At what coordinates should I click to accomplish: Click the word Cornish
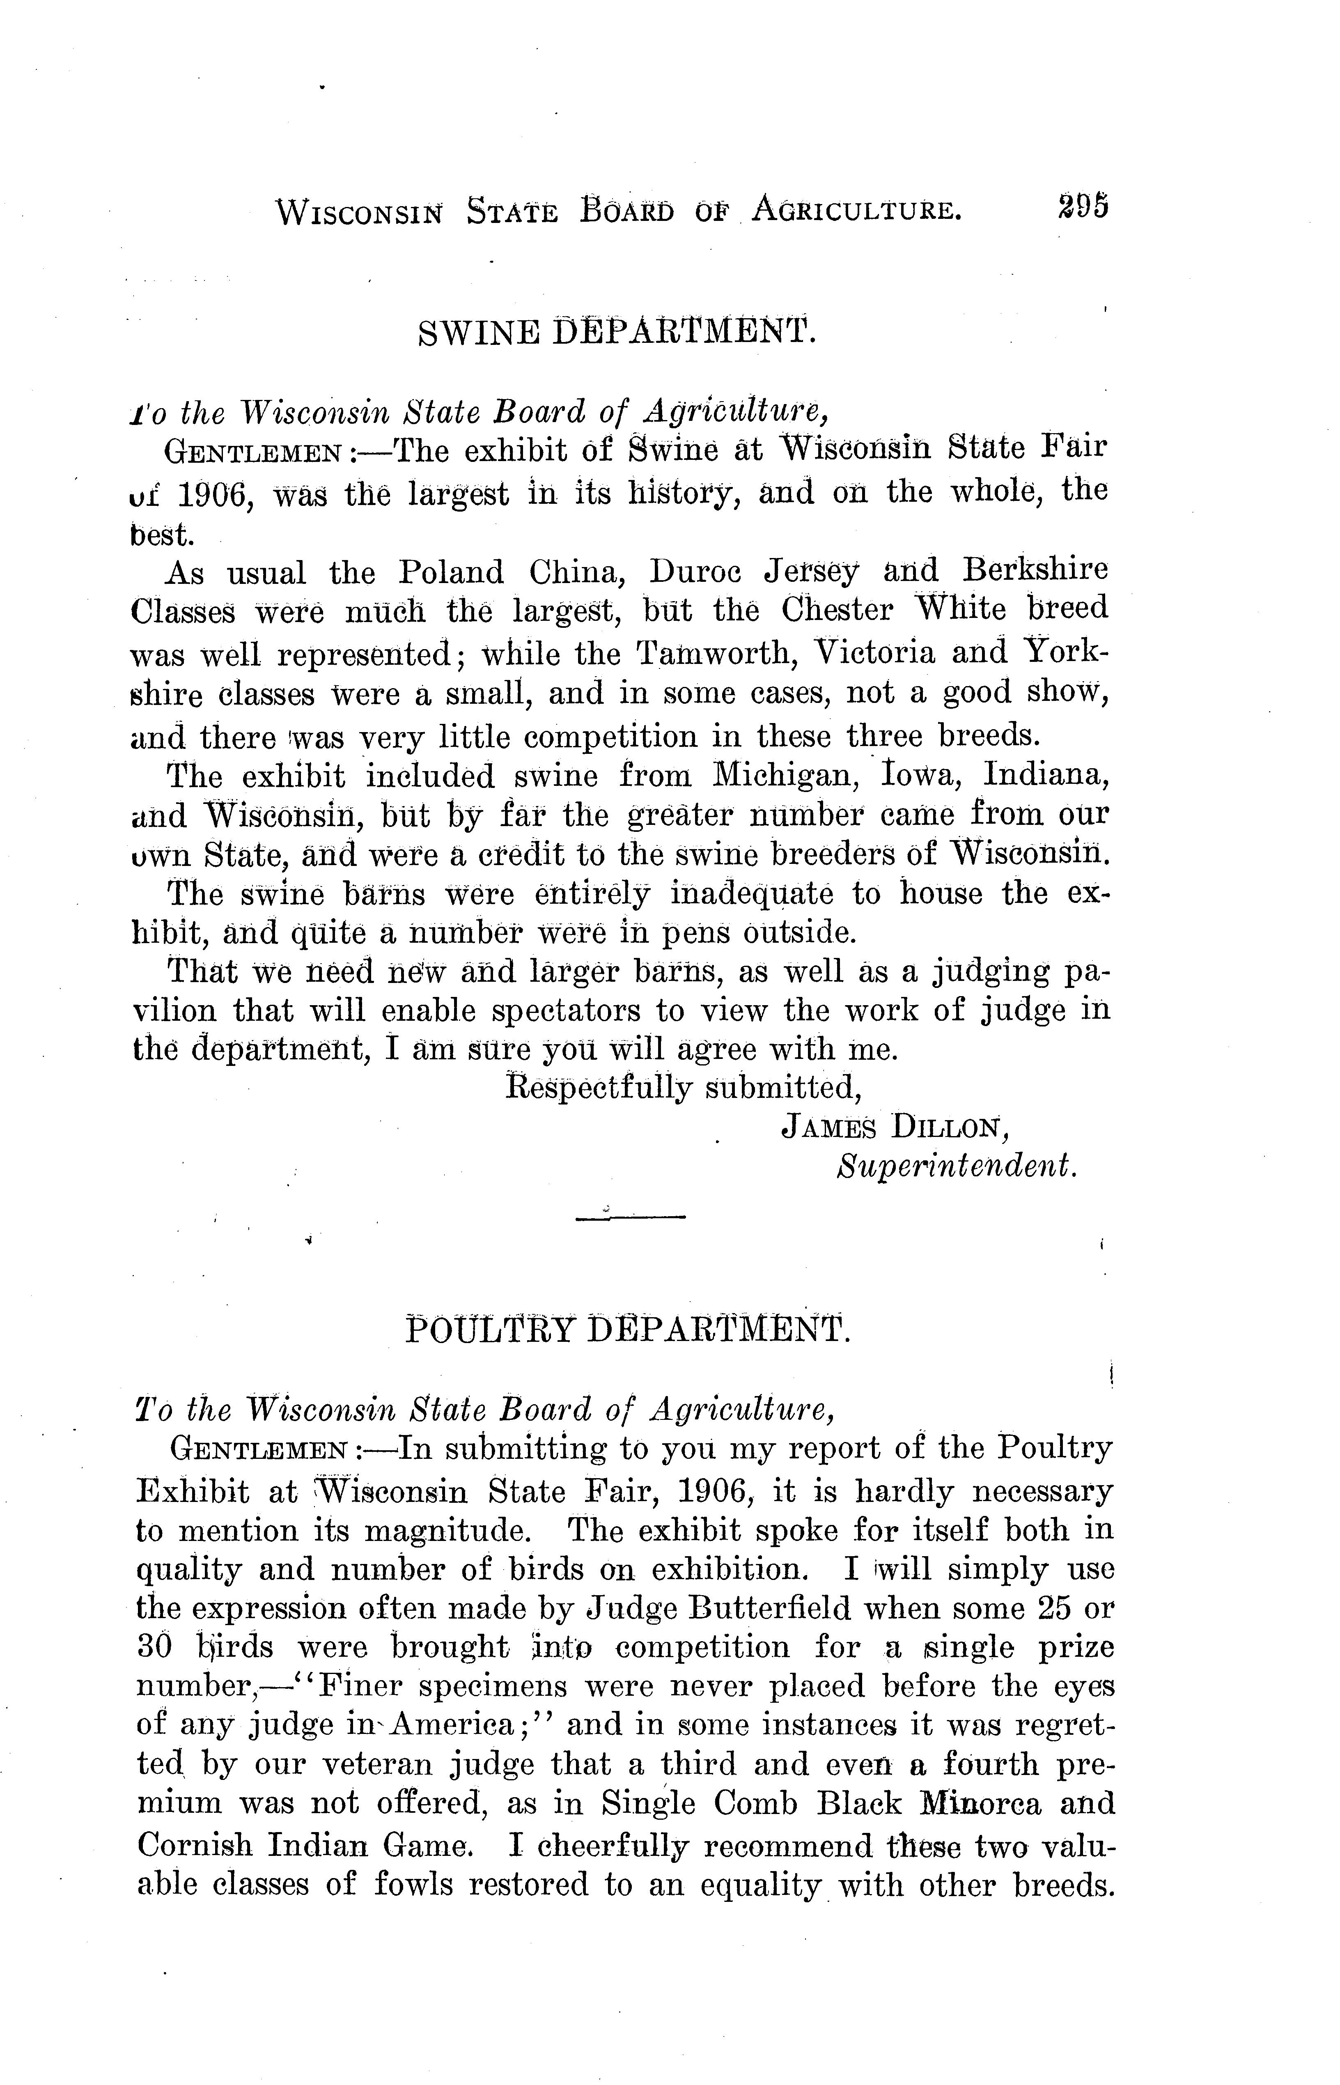196,1845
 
